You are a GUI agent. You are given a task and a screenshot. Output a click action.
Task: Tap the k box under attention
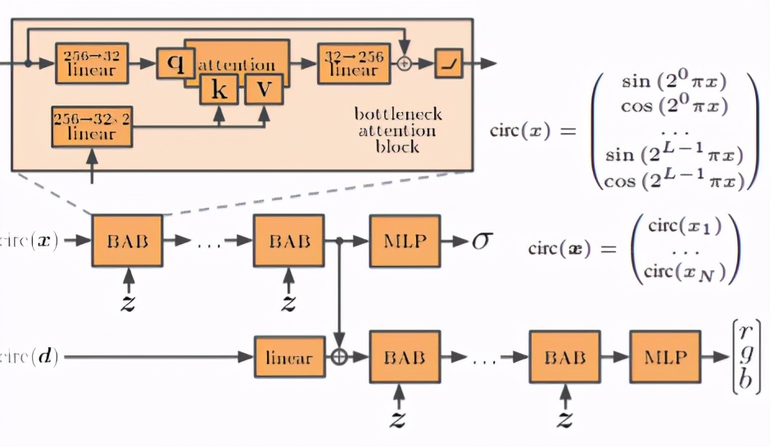tap(219, 88)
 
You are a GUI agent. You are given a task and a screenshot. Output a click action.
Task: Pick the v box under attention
tap(263, 88)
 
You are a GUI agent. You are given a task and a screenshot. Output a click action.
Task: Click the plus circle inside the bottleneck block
tap(403, 63)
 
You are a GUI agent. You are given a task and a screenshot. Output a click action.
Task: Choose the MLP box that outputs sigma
tap(405, 242)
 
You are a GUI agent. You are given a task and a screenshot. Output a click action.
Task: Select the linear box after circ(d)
tap(289, 357)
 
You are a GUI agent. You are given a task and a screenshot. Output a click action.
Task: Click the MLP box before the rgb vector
tap(664, 357)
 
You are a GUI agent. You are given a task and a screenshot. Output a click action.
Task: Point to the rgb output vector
tap(744, 357)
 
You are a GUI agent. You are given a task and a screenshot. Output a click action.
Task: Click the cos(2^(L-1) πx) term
tap(675, 180)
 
